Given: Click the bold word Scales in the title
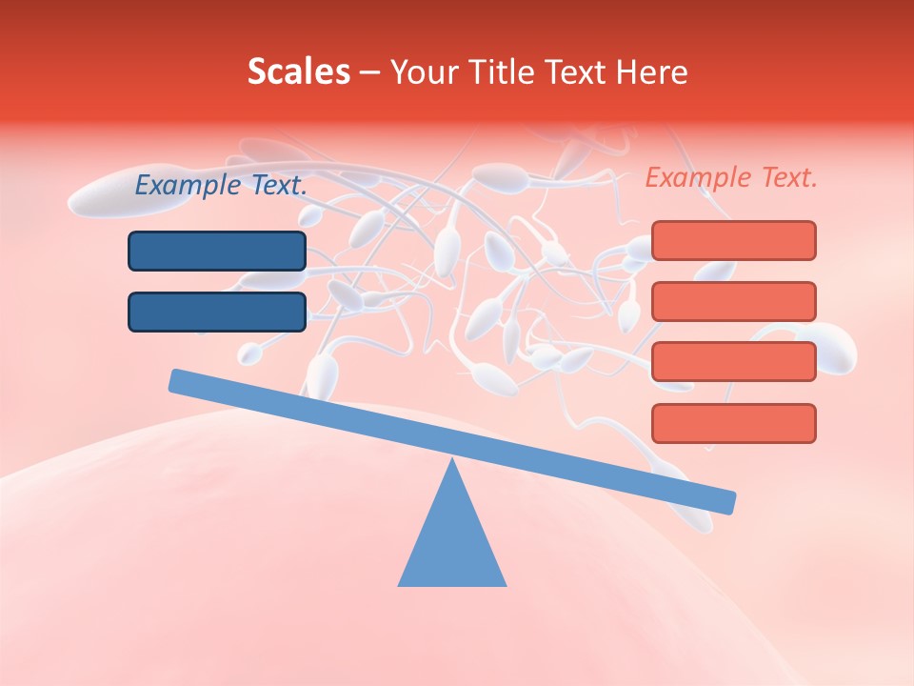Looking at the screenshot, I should [298, 71].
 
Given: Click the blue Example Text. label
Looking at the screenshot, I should [221, 186].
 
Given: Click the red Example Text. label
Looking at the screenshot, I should [731, 177].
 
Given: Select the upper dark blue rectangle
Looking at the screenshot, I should [217, 251].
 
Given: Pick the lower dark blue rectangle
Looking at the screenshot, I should [217, 312].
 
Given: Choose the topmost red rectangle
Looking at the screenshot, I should [733, 240].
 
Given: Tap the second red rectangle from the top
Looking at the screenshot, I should [733, 301].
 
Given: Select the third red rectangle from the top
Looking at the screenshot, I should [733, 362].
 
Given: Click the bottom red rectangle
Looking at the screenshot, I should [733, 423].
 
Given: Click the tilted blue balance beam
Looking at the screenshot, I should [452, 441].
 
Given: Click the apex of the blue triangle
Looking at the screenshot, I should [452, 463].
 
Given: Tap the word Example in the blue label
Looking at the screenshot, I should [189, 186].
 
